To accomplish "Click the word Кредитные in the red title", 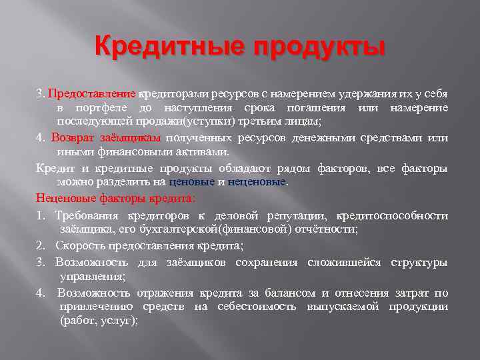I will coord(171,48).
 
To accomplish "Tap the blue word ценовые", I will coord(192,181).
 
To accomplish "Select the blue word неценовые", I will coord(256,181).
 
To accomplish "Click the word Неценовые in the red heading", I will coord(65,198).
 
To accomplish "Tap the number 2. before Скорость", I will coord(41,245).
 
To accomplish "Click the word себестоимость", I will coord(263,306).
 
